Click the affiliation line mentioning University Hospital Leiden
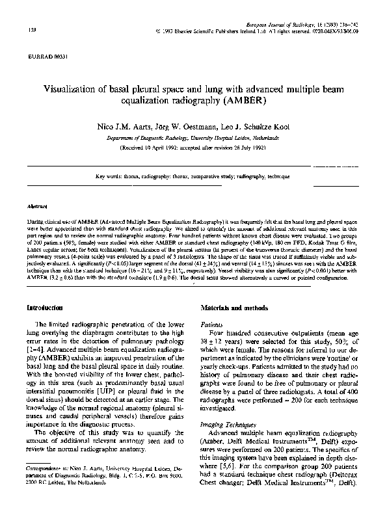click(193, 138)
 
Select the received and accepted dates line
click(193, 148)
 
